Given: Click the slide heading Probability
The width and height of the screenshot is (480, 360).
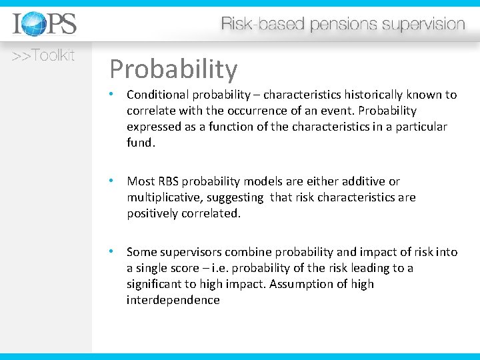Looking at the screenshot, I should coord(173,69).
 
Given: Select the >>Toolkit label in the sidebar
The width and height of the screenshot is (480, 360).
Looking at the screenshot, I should coord(43,56).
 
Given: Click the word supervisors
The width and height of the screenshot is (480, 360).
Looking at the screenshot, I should coord(190,252).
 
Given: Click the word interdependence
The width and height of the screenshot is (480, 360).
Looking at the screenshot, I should coord(173,300).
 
